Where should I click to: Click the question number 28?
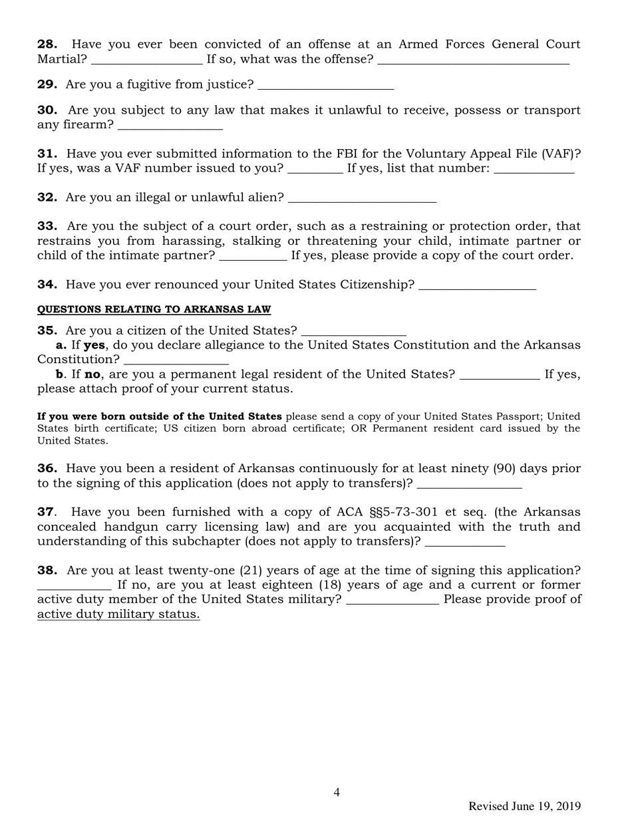pos(47,45)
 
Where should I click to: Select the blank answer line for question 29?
pos(325,86)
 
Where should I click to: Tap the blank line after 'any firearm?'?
pos(170,126)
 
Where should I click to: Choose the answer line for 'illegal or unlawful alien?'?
pos(363,198)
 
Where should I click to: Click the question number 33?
pos(47,227)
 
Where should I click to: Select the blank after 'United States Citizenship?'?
pos(478,286)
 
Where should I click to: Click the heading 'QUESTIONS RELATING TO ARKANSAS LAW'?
pos(154,310)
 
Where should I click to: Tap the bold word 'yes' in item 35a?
pos(94,345)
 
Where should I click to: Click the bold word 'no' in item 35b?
pos(92,374)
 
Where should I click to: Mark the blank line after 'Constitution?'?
pos(176,360)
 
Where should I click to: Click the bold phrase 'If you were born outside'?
pos(160,417)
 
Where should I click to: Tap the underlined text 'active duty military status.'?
pos(118,614)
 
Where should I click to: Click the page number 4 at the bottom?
pos(337,792)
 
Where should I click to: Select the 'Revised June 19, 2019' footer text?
pos(524,806)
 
